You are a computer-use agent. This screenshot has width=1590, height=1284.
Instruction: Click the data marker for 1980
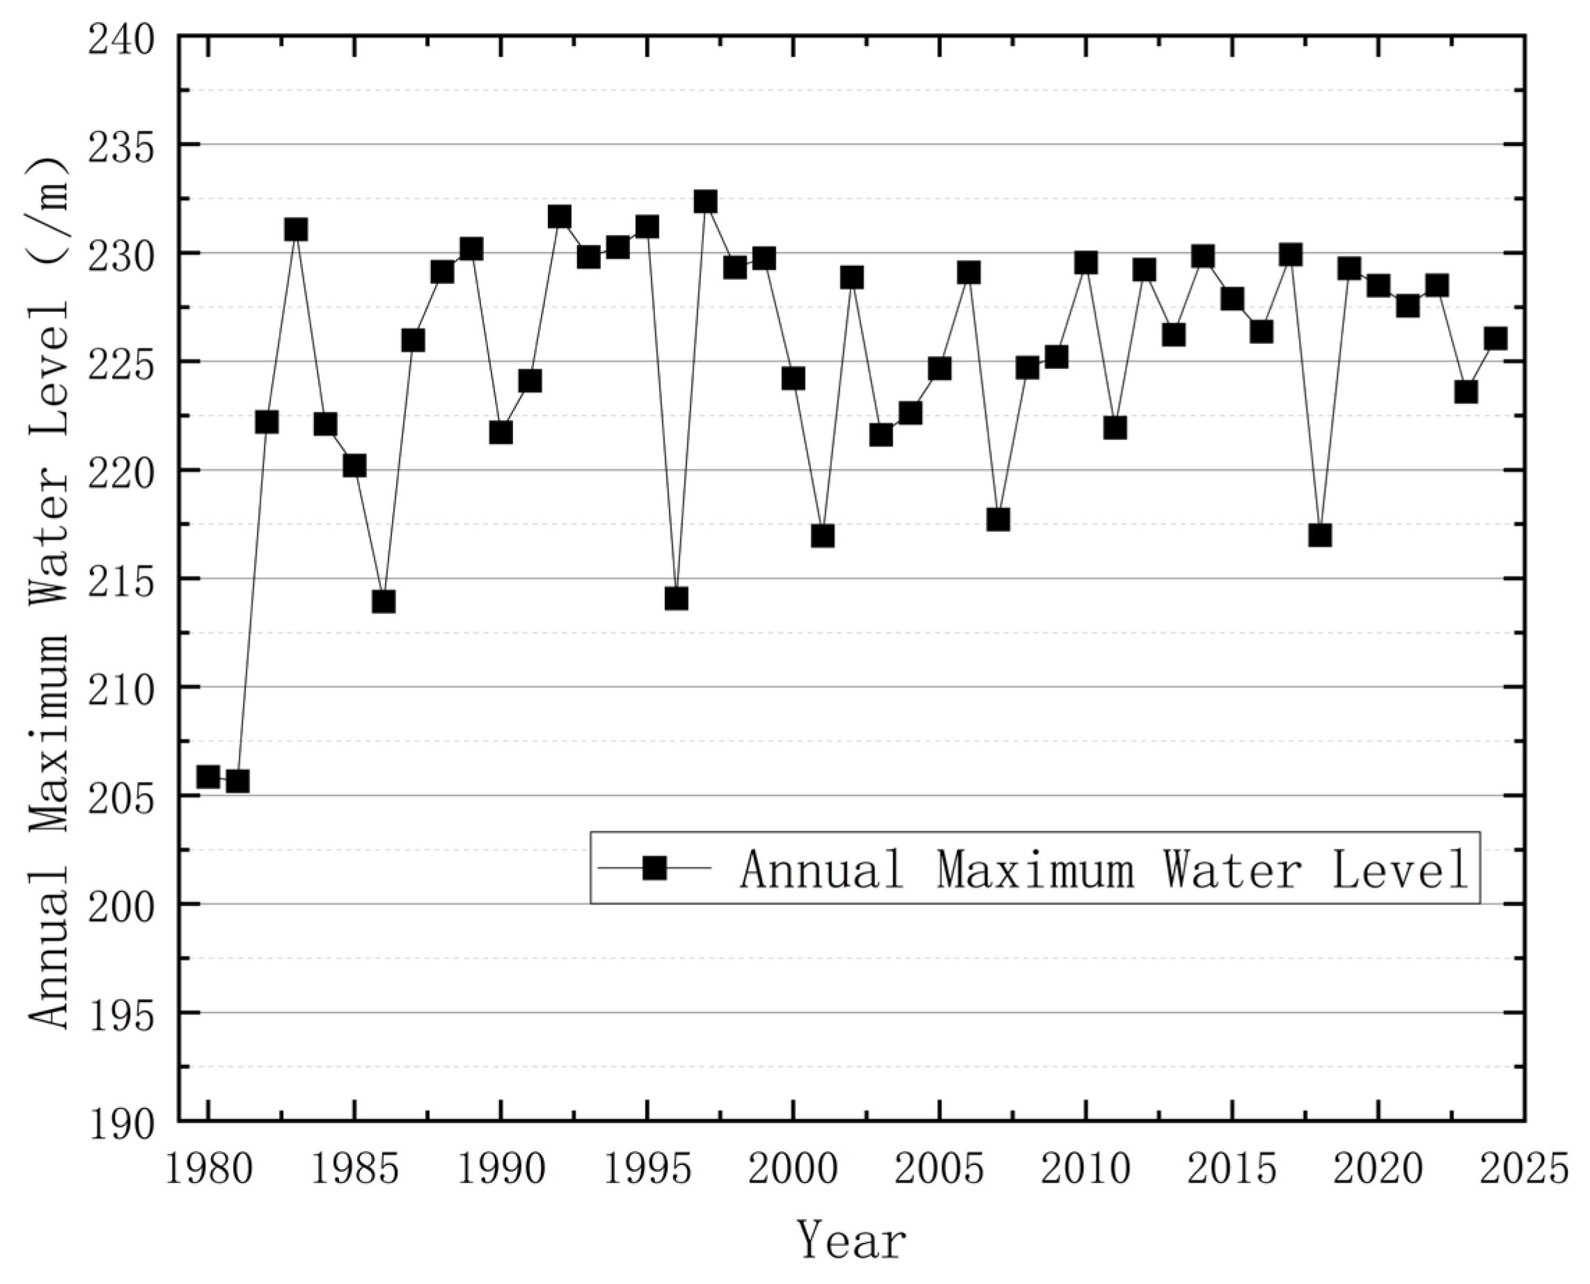pyautogui.click(x=208, y=776)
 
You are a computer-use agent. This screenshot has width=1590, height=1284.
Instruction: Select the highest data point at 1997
pyautogui.click(x=705, y=201)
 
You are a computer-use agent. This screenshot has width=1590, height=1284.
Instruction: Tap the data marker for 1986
pyautogui.click(x=383, y=602)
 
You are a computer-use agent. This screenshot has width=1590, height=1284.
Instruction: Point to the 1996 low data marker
pyautogui.click(x=676, y=597)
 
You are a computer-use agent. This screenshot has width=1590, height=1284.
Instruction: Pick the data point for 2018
pyautogui.click(x=1320, y=535)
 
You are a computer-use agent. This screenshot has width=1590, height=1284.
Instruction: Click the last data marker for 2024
pyautogui.click(x=1495, y=338)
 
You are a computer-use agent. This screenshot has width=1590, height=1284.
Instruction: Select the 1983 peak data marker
pyautogui.click(x=296, y=229)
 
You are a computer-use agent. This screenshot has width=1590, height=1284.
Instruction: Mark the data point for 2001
pyautogui.click(x=822, y=535)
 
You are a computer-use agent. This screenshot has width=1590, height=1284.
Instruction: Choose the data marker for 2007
pyautogui.click(x=998, y=519)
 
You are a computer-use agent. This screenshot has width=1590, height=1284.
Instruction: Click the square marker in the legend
pyautogui.click(x=654, y=868)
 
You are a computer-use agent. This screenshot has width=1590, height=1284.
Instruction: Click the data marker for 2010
pyautogui.click(x=1085, y=263)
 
